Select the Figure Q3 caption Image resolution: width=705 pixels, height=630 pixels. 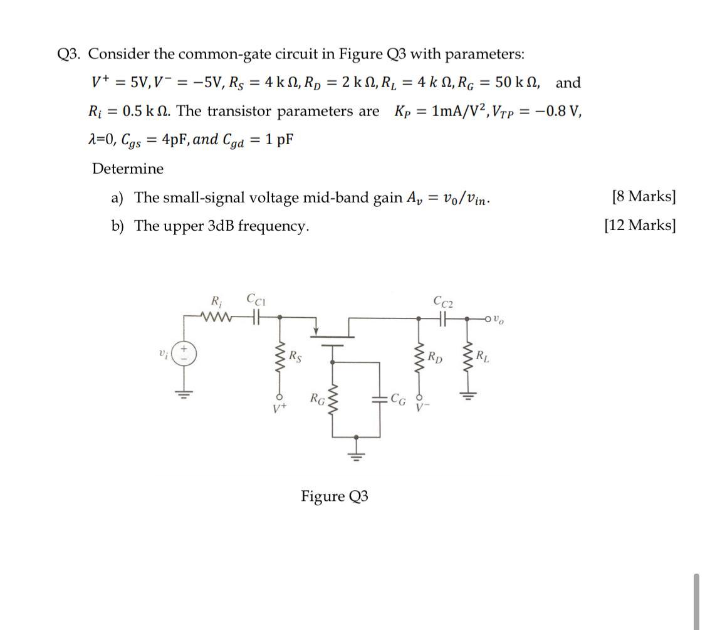(x=334, y=496)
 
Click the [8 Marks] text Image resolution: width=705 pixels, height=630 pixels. (x=643, y=197)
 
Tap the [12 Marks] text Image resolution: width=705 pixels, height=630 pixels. (x=639, y=225)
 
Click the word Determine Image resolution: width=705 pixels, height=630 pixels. (x=127, y=169)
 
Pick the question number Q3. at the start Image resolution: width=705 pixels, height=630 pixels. (x=69, y=54)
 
